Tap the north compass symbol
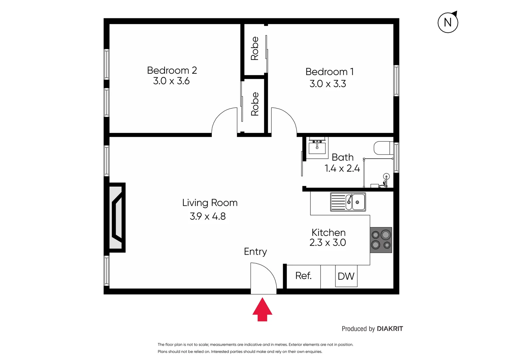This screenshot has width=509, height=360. tap(448, 22)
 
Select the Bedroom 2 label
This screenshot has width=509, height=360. tap(172, 70)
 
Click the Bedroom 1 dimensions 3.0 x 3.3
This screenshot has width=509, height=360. tap(328, 84)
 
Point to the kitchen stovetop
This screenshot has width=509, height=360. tap(381, 240)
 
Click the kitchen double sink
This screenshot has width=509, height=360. tap(348, 202)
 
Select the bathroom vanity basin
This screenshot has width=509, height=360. tap(317, 147)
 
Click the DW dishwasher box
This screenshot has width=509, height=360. tap(346, 276)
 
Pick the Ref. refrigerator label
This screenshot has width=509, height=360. tap(303, 276)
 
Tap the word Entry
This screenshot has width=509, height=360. tap(255, 252)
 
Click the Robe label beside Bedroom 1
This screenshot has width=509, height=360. tap(255, 48)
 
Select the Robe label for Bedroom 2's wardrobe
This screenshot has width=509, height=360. tap(255, 104)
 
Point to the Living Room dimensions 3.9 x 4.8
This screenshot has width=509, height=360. tap(208, 216)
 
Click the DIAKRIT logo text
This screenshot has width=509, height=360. tap(390, 329)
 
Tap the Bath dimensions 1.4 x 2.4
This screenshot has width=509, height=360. tap(342, 168)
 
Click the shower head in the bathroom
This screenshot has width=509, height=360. tap(386, 176)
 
